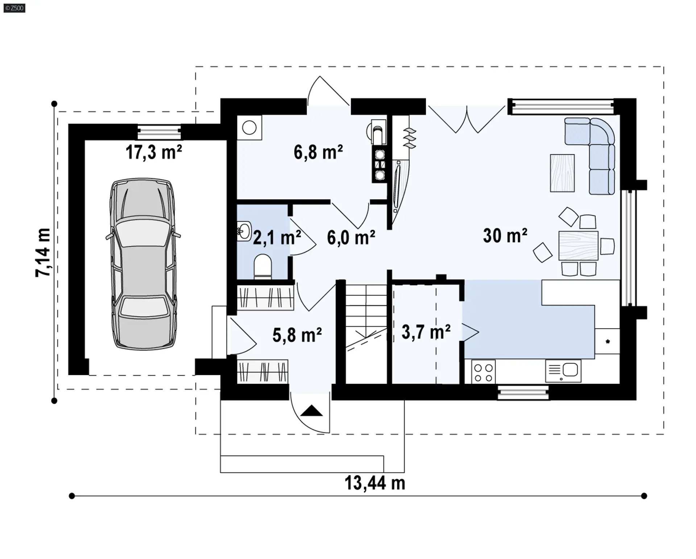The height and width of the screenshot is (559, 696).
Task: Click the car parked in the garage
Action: click(144, 264)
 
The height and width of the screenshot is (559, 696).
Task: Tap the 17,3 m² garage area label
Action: click(154, 152)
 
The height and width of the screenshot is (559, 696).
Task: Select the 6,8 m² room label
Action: click(318, 152)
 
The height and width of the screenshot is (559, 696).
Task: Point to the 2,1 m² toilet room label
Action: click(277, 238)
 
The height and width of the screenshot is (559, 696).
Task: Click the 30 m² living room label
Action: click(505, 235)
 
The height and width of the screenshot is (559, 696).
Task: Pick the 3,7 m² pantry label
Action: click(426, 332)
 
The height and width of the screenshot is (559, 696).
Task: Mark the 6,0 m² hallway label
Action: click(351, 238)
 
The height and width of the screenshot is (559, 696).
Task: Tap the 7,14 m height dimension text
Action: click(43, 252)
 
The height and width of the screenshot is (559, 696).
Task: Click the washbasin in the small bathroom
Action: click(244, 231)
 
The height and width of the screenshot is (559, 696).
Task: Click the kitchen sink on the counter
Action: click(563, 371)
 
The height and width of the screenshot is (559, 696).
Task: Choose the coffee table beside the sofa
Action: click(562, 173)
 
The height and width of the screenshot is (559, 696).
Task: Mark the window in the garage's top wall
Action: click(159, 132)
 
